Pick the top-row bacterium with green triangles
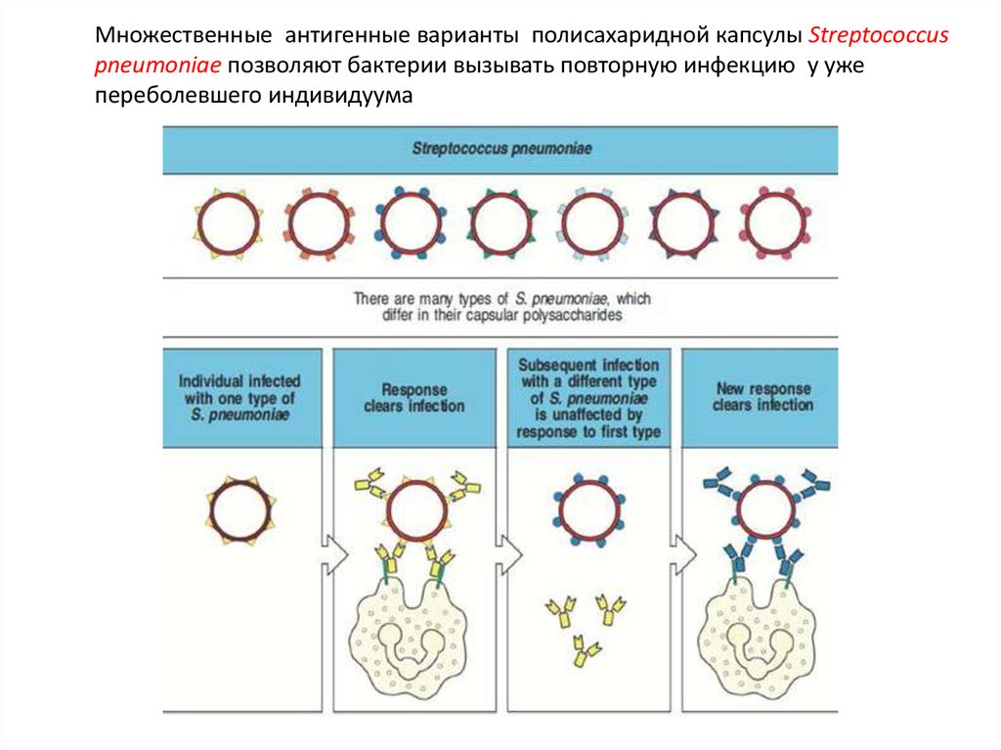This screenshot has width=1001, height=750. pos(501,224)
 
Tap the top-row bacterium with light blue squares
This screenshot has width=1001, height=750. pos(590,224)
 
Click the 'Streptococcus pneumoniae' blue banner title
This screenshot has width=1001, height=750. pos(500,150)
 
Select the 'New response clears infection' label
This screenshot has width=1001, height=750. pos(763,396)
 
